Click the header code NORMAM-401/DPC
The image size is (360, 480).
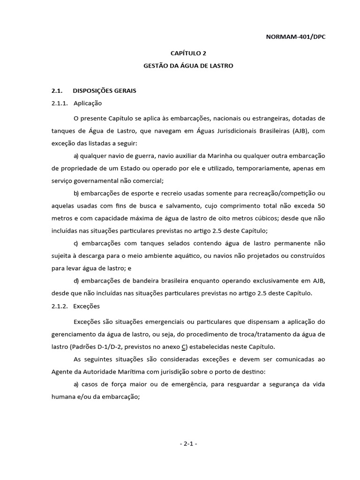(295, 37)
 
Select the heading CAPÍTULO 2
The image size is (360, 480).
(187, 54)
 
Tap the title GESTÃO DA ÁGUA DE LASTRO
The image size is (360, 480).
(188, 66)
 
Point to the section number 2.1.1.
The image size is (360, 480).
(60, 103)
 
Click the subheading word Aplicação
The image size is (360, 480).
(88, 103)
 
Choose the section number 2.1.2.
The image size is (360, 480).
(60, 306)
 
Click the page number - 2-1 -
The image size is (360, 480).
(187, 443)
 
